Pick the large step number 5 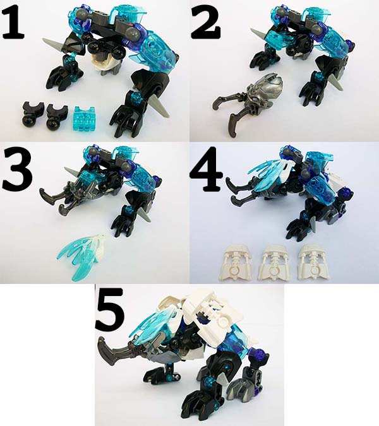110,309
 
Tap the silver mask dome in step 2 267,88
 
